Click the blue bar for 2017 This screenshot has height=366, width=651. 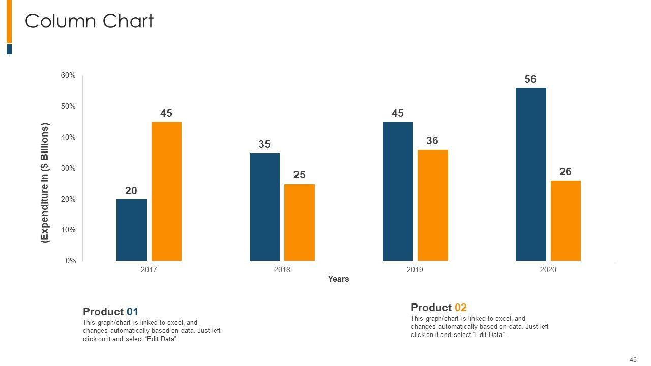point(131,230)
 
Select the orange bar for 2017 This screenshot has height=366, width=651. point(166,191)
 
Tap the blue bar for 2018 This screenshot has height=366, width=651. point(264,207)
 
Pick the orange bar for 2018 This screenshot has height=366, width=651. point(299,222)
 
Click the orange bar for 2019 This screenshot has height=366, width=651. point(432,205)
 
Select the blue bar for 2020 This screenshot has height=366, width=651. point(530,174)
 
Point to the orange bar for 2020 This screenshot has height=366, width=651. point(566,221)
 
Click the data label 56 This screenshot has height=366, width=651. point(530,79)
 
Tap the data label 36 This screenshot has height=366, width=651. point(432,141)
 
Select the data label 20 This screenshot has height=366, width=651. point(131,191)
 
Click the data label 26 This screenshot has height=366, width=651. point(566,172)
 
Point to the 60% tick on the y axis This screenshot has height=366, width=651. point(68,75)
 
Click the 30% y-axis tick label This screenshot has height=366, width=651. point(68,168)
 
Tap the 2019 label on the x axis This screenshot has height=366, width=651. point(415,270)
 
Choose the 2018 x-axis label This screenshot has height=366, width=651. point(282,270)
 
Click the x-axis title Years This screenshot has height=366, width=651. point(338,279)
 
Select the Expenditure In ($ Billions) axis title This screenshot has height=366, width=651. point(45,183)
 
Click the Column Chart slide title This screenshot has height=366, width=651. point(89,21)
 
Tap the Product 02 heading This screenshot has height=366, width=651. point(438,308)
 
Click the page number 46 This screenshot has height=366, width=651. point(633,360)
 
